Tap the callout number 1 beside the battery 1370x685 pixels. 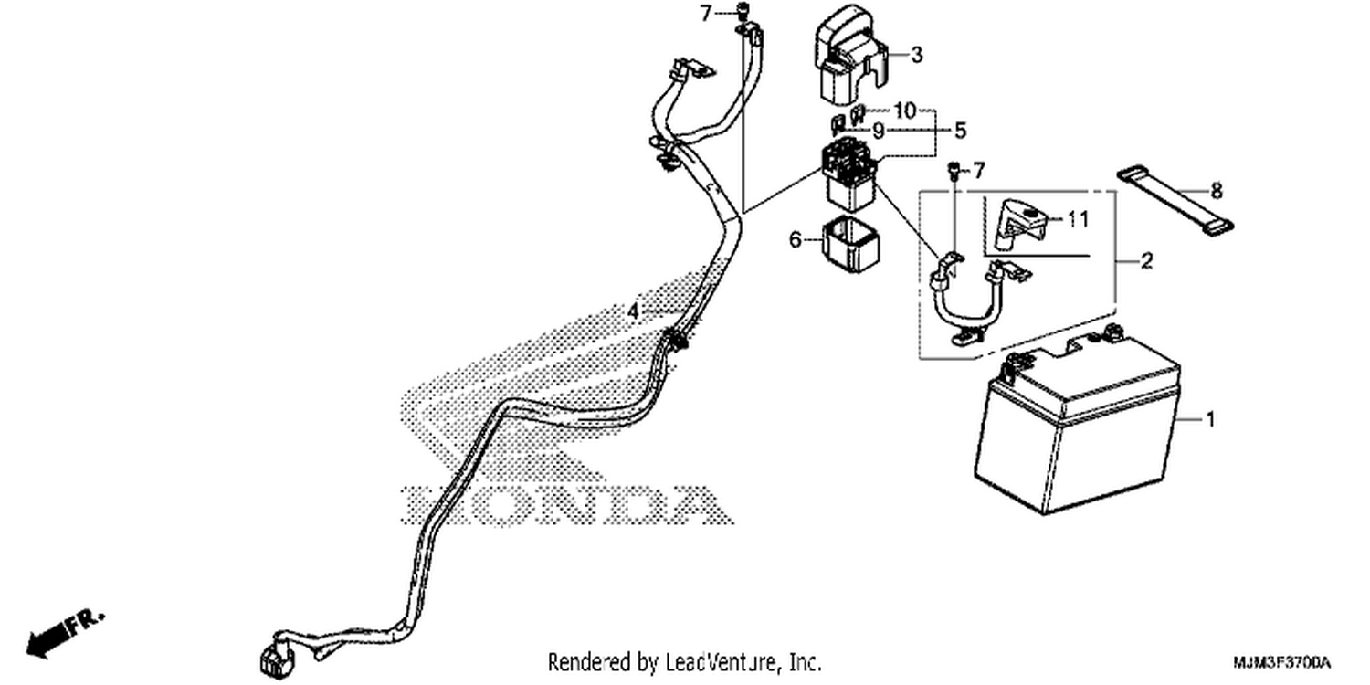coord(1209,419)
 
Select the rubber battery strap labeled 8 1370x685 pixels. coord(1175,201)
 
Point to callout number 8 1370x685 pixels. coord(1217,191)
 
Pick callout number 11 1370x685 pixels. coord(1078,219)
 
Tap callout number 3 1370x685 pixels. coord(915,55)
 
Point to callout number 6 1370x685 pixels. coord(795,239)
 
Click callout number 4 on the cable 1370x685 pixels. coord(633,311)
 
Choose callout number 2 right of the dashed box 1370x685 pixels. coord(1146,261)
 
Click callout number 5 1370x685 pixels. coord(960,131)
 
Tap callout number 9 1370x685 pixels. coord(879,131)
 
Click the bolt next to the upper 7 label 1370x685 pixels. coord(743,11)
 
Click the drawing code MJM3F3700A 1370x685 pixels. coord(1282,663)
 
